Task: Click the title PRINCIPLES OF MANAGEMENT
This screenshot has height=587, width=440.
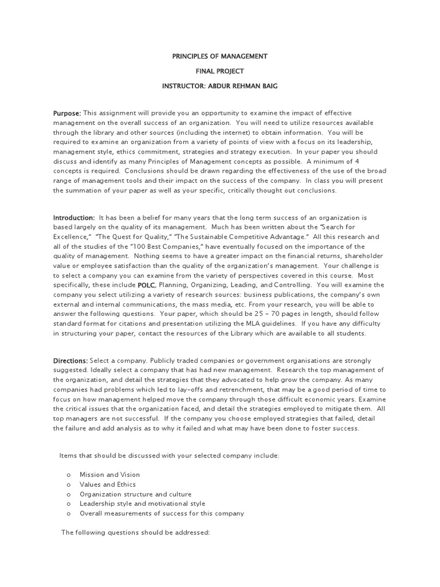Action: [220, 57]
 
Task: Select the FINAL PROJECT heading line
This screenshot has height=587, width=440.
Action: [220, 71]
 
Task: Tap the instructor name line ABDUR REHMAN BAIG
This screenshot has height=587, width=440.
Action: [220, 85]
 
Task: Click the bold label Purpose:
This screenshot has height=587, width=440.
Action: [67, 114]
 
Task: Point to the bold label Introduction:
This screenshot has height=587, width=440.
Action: [74, 218]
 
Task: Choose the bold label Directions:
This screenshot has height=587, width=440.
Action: [70, 361]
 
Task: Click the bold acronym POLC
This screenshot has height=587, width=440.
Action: [146, 285]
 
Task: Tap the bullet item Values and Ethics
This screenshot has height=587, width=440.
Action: [108, 484]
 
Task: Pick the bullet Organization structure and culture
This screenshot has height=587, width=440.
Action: [135, 494]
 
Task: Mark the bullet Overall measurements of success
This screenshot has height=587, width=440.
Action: [162, 513]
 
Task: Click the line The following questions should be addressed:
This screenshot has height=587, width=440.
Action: [136, 533]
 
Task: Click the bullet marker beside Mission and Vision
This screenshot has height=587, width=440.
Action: [68, 475]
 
